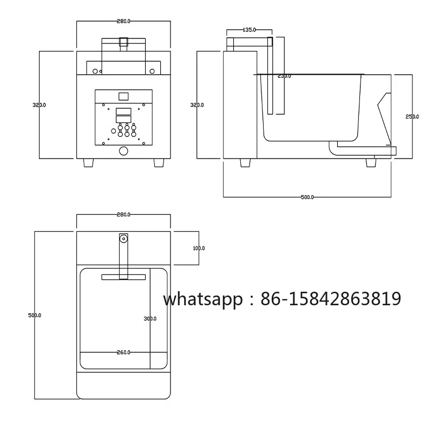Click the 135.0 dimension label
249,30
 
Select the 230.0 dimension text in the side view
284,76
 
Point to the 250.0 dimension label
412,117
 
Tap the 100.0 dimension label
199,248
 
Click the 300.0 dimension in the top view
150,319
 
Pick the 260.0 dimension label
123,352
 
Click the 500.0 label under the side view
307,197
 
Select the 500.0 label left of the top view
35,316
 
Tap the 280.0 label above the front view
123,21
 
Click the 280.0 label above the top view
123,214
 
